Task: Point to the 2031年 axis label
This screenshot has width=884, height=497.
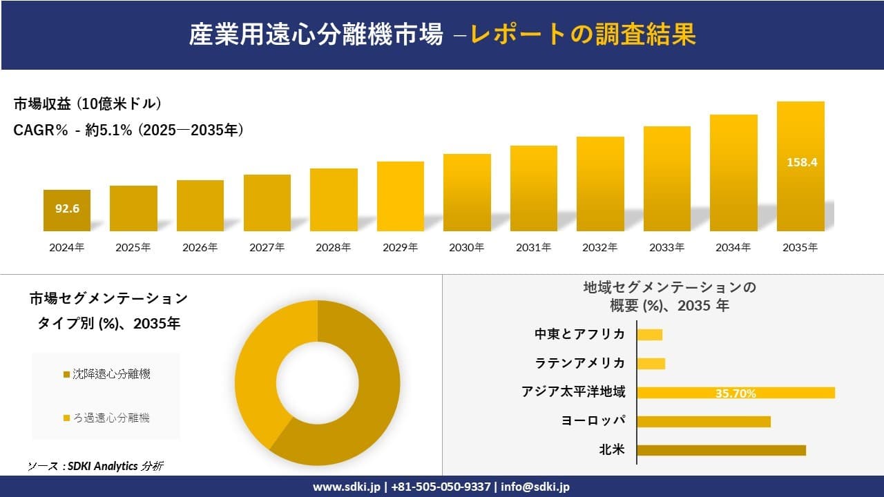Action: coord(533,247)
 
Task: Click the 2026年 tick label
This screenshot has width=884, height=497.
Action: coord(200,247)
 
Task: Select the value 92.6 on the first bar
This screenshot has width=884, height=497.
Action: coord(67,208)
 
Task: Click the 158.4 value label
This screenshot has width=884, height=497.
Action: coord(802,163)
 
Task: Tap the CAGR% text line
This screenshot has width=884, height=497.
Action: coord(128,130)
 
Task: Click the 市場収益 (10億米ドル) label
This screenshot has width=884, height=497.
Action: coord(88,104)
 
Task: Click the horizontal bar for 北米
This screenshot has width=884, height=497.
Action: coord(721,450)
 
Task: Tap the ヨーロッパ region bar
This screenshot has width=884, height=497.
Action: coord(703,421)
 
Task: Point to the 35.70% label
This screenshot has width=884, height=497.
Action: coord(736,393)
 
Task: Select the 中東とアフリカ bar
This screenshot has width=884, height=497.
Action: coord(649,335)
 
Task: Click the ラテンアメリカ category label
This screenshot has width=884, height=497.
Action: coord(580,363)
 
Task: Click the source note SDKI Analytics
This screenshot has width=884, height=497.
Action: coord(96,466)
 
